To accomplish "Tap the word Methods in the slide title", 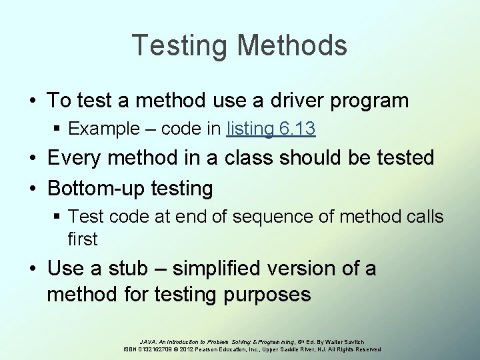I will [292, 45].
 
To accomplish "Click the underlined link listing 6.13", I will [271, 129].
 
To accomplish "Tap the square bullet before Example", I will [59, 129].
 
